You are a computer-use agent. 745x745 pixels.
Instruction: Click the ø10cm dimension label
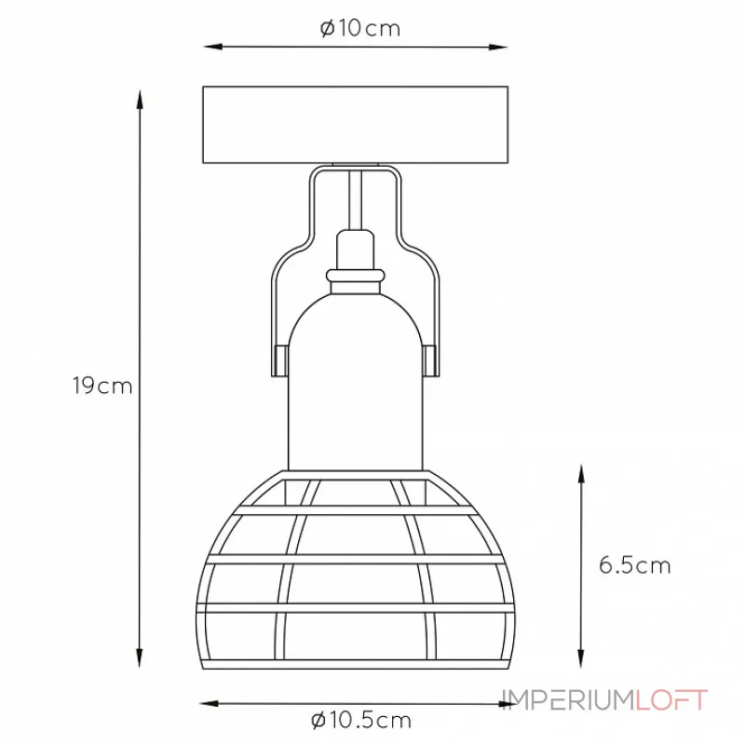360,29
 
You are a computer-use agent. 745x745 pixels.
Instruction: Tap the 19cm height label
102,386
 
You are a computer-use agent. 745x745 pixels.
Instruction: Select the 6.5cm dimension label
634,565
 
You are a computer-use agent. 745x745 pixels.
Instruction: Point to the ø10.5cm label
361,720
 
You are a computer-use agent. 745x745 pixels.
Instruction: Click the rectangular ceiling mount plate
356,125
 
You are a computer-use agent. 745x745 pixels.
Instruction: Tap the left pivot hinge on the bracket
281,361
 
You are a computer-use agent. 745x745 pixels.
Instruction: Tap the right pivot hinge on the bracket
430,361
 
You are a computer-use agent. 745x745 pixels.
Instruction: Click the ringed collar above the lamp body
356,276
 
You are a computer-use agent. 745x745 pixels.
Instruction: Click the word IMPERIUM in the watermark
568,700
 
